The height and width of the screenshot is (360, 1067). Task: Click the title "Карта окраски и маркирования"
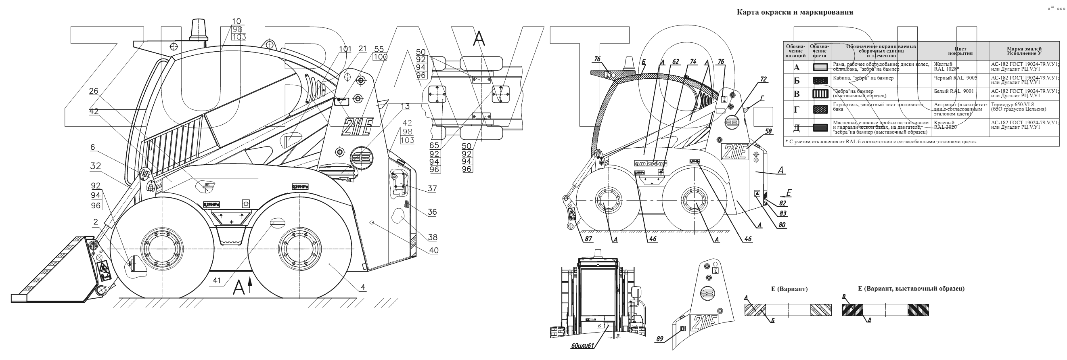[795, 13]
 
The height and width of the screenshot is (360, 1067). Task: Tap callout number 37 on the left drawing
[432, 188]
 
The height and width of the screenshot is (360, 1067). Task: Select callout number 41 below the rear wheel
[217, 280]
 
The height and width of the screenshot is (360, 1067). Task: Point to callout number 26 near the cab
[94, 91]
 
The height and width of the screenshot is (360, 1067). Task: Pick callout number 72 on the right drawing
[763, 80]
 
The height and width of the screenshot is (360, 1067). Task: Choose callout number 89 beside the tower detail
[659, 339]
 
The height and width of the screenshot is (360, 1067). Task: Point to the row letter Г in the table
[796, 110]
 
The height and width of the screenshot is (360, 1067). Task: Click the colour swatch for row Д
[820, 128]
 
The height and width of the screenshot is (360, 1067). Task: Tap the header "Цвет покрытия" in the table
[960, 51]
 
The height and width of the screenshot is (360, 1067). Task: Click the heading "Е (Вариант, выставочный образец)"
[911, 289]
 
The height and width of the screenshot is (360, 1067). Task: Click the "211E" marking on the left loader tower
[357, 126]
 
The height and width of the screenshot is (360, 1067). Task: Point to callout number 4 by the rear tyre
[363, 287]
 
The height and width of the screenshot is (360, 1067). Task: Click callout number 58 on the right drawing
[769, 131]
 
